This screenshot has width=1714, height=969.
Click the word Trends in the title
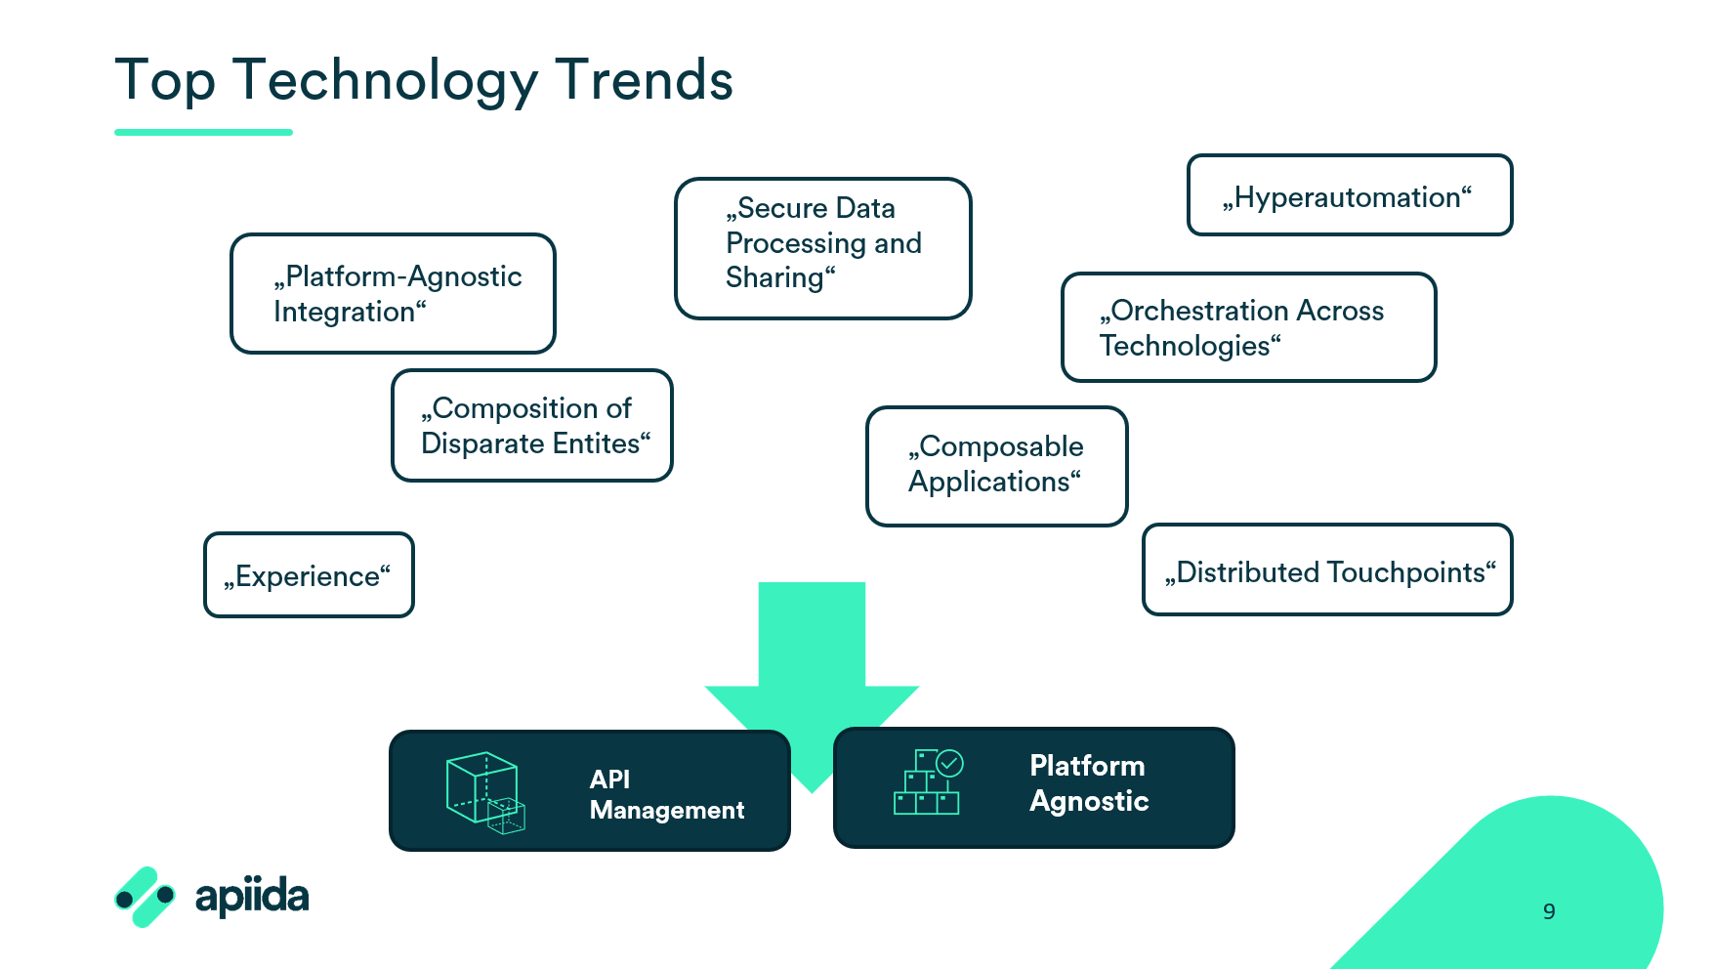(644, 80)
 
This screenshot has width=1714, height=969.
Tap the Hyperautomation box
(1350, 195)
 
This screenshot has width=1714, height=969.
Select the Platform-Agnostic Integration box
(393, 293)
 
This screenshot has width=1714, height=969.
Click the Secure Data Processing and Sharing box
(823, 248)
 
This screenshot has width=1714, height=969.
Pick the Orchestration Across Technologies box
(1249, 327)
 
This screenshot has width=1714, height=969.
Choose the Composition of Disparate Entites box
(532, 425)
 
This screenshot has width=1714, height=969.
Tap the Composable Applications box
(997, 466)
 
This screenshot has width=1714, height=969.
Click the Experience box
(309, 574)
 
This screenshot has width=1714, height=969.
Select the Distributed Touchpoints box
(1328, 569)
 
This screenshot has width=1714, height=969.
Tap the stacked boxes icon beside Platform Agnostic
(928, 781)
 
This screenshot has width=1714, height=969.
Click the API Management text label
(667, 794)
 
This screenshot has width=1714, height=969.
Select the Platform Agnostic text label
(1089, 783)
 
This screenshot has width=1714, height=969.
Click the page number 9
(1549, 911)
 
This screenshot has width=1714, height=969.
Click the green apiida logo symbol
(145, 897)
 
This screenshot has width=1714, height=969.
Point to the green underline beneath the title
(203, 132)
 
